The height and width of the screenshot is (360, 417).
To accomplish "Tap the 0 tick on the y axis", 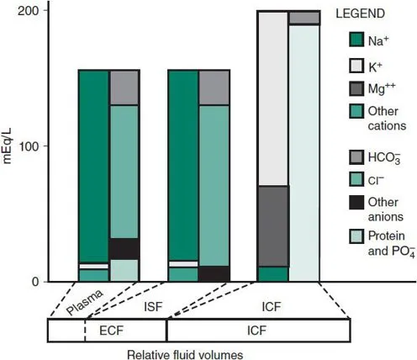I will tap(34, 282).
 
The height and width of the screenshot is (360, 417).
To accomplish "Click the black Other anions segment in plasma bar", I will tap(124, 249).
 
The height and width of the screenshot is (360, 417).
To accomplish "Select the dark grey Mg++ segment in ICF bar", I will tap(272, 225).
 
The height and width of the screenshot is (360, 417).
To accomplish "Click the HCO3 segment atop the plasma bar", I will tap(124, 87).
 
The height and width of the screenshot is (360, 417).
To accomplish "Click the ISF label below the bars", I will tap(153, 306).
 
